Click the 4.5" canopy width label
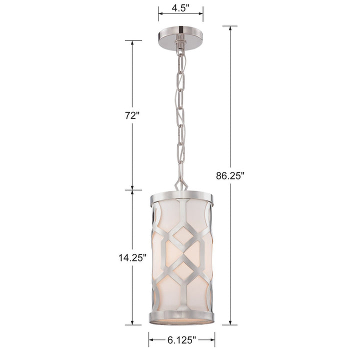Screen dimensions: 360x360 (180, 8)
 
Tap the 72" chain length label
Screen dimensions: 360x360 (132, 115)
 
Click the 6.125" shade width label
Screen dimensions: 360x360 (181, 340)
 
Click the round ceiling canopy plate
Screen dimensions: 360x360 (180, 37)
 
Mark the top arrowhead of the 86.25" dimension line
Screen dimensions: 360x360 (230, 28)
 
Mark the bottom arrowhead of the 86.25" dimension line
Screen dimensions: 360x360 (230, 322)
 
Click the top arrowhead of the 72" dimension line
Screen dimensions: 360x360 (132, 42)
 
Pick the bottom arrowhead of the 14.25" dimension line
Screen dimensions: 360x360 (132, 322)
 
